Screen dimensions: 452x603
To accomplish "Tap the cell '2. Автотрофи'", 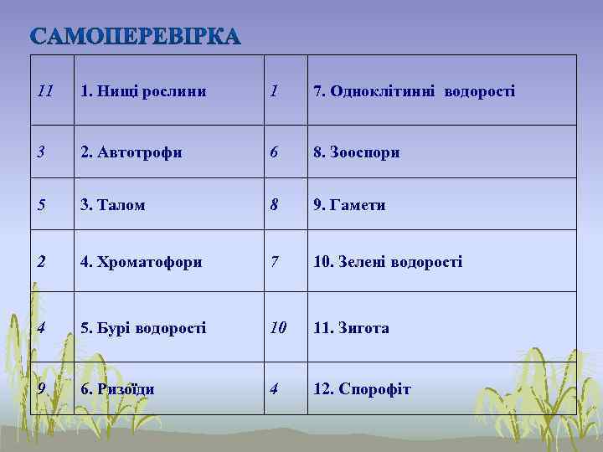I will click(131, 152).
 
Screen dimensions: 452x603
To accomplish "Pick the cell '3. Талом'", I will click(113, 204).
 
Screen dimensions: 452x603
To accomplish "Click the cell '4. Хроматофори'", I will click(142, 262).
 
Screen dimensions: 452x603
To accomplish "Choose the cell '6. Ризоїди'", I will click(118, 389).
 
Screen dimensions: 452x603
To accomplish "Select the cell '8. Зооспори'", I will click(356, 152).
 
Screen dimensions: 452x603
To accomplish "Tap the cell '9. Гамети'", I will click(349, 204).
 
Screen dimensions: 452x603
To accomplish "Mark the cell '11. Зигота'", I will click(351, 328).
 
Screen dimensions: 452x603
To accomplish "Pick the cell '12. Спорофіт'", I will click(362, 389).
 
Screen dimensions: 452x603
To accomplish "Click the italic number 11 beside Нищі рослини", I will click(46, 90).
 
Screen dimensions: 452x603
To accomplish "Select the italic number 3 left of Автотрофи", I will click(42, 152).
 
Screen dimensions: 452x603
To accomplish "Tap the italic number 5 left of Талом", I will click(42, 203).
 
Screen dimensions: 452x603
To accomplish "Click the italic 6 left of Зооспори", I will click(275, 152).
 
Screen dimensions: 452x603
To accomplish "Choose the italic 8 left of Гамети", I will click(275, 203).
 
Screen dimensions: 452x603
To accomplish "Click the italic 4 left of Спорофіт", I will click(275, 388).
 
